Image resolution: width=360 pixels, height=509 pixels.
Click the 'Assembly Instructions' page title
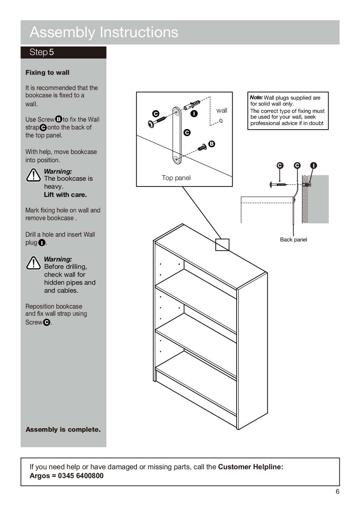click(104, 32)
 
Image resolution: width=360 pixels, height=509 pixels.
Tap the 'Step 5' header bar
click(63, 52)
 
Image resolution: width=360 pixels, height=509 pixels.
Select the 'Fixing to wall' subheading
click(47, 73)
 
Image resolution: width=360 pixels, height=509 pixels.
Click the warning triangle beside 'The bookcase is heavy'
click(33, 175)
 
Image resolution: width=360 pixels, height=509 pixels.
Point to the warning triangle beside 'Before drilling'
click(33, 263)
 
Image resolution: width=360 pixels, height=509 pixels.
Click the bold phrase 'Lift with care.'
click(65, 195)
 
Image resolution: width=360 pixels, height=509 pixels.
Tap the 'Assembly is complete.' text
click(63, 429)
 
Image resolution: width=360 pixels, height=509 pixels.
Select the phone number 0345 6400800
click(81, 476)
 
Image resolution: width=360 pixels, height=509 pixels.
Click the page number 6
click(337, 492)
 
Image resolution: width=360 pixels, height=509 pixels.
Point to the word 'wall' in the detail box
click(222, 110)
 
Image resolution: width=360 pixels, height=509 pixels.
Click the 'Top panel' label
click(176, 178)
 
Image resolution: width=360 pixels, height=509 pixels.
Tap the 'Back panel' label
click(293, 240)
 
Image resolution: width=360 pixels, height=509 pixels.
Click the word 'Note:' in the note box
click(256, 98)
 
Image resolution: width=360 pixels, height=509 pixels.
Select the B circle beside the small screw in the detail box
click(212, 144)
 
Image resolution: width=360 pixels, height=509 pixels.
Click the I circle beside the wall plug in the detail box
click(194, 114)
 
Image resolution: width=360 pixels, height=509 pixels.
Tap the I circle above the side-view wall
click(314, 165)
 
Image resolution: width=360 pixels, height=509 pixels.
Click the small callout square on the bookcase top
click(222, 245)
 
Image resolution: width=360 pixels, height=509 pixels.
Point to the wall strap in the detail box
click(177, 135)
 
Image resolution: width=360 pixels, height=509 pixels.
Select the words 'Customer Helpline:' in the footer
click(251, 467)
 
